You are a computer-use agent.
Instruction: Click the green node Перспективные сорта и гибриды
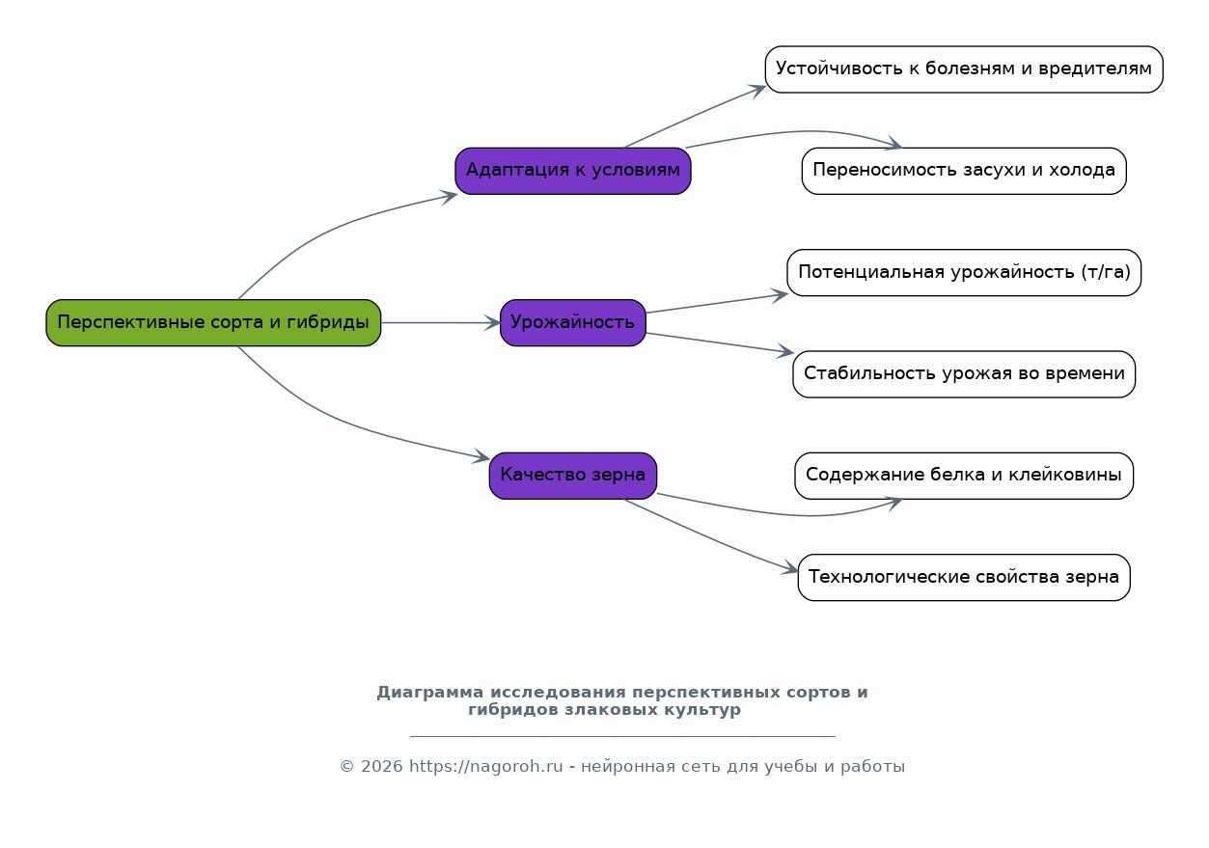coord(213,323)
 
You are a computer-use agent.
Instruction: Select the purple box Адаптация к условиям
coord(572,171)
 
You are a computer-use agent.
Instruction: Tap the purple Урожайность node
coord(572,323)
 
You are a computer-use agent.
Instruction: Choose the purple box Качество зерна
coord(572,476)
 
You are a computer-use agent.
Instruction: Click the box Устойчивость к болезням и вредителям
coord(964,69)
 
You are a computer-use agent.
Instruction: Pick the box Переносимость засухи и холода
coord(964,171)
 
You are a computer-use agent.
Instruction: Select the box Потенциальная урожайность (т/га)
coord(964,272)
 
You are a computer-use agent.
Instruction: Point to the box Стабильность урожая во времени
coord(964,374)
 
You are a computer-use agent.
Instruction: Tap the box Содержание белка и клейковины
coord(964,476)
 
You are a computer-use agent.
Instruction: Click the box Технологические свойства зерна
coord(964,577)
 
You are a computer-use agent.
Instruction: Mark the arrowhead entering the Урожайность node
coord(492,323)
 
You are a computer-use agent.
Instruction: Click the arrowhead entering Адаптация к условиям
coord(449,197)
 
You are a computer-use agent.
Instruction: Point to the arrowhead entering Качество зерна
coord(481,456)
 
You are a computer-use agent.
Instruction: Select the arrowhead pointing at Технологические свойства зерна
coord(790,568)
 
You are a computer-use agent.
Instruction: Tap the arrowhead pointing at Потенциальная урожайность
coord(780,295)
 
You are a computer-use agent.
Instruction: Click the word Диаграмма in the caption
coord(430,692)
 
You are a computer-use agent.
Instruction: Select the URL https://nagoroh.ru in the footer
coord(485,766)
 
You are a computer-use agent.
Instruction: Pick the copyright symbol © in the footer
coord(346,766)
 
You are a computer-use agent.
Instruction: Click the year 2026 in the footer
coord(381,766)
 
